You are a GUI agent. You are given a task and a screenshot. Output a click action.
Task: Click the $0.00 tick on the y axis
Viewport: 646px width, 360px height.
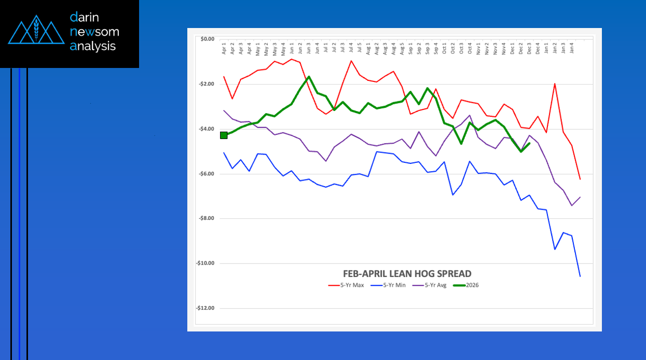point(207,39)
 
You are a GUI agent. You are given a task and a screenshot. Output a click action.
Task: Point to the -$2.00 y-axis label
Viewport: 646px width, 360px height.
point(207,84)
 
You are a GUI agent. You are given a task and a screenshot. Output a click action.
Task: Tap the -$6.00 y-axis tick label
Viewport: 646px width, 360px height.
point(207,174)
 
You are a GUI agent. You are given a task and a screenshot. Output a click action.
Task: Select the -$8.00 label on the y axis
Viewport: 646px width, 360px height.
point(207,218)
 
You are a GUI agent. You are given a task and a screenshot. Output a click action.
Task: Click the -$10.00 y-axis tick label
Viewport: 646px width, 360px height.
point(206,264)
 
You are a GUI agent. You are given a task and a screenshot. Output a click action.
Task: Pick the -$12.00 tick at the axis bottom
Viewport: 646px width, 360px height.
point(206,308)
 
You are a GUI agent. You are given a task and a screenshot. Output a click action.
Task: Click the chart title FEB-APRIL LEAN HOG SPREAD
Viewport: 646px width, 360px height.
point(407,273)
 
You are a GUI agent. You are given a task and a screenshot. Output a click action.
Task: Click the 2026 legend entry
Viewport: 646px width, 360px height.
point(466,285)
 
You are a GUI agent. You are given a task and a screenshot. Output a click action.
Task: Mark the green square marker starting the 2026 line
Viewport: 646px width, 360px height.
point(224,135)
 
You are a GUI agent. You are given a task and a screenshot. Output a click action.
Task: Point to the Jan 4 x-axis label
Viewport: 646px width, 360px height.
point(572,50)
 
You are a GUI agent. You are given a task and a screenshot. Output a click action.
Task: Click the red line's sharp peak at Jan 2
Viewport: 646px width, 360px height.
point(555,84)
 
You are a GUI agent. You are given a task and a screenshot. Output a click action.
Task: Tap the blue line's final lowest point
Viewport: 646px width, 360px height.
point(580,276)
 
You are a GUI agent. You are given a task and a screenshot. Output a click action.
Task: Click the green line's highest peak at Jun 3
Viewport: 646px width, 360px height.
point(309,77)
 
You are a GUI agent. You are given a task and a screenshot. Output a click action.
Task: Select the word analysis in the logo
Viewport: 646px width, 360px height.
point(93,46)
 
